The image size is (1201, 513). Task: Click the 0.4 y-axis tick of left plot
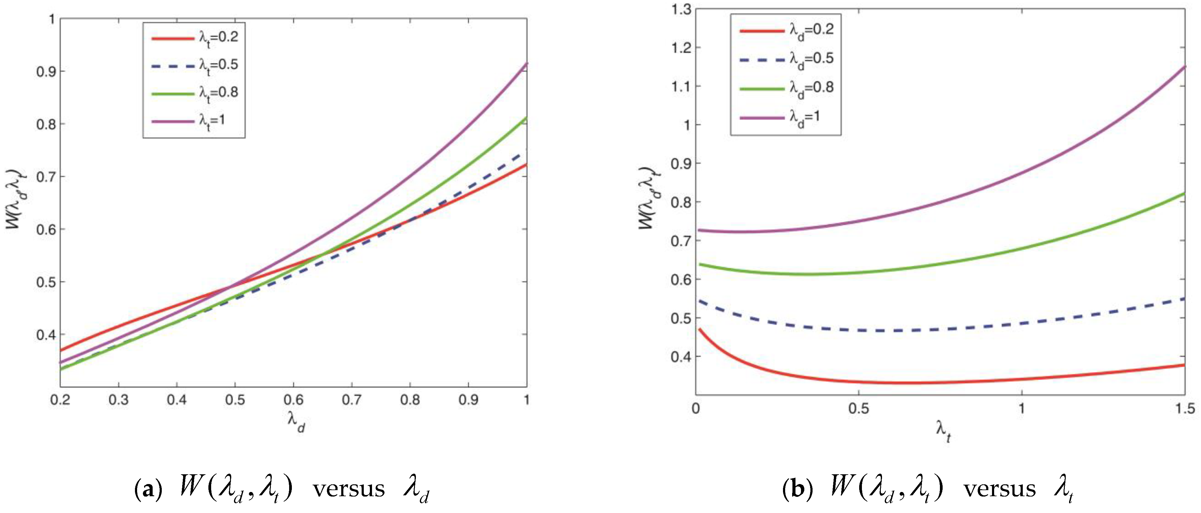(x=45, y=334)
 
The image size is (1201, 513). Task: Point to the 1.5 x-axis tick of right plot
(x=1185, y=409)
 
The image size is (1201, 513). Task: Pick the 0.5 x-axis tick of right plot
(x=858, y=409)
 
